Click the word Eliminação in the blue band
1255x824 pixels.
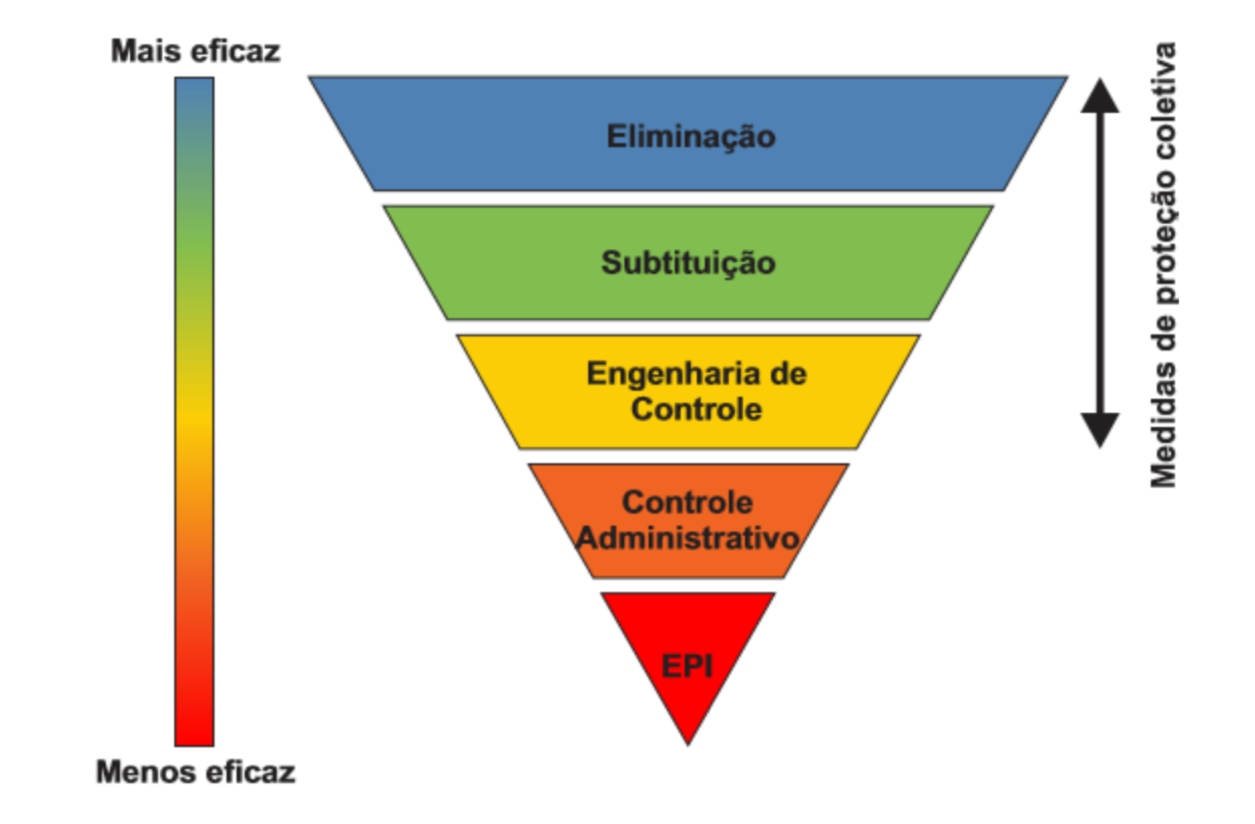(x=691, y=137)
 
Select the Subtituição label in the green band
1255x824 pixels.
(x=688, y=263)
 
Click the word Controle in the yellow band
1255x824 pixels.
(x=697, y=409)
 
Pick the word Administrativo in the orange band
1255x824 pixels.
(x=687, y=538)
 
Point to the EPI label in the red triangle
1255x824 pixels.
(x=687, y=666)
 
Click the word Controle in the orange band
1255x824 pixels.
(x=687, y=503)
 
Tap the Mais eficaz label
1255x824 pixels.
(x=196, y=52)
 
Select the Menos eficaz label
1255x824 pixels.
(x=196, y=772)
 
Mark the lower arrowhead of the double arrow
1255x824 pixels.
(x=1100, y=430)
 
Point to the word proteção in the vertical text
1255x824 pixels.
(x=1164, y=234)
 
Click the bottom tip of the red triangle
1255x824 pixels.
(x=688, y=744)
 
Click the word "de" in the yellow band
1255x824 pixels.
(x=788, y=375)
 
